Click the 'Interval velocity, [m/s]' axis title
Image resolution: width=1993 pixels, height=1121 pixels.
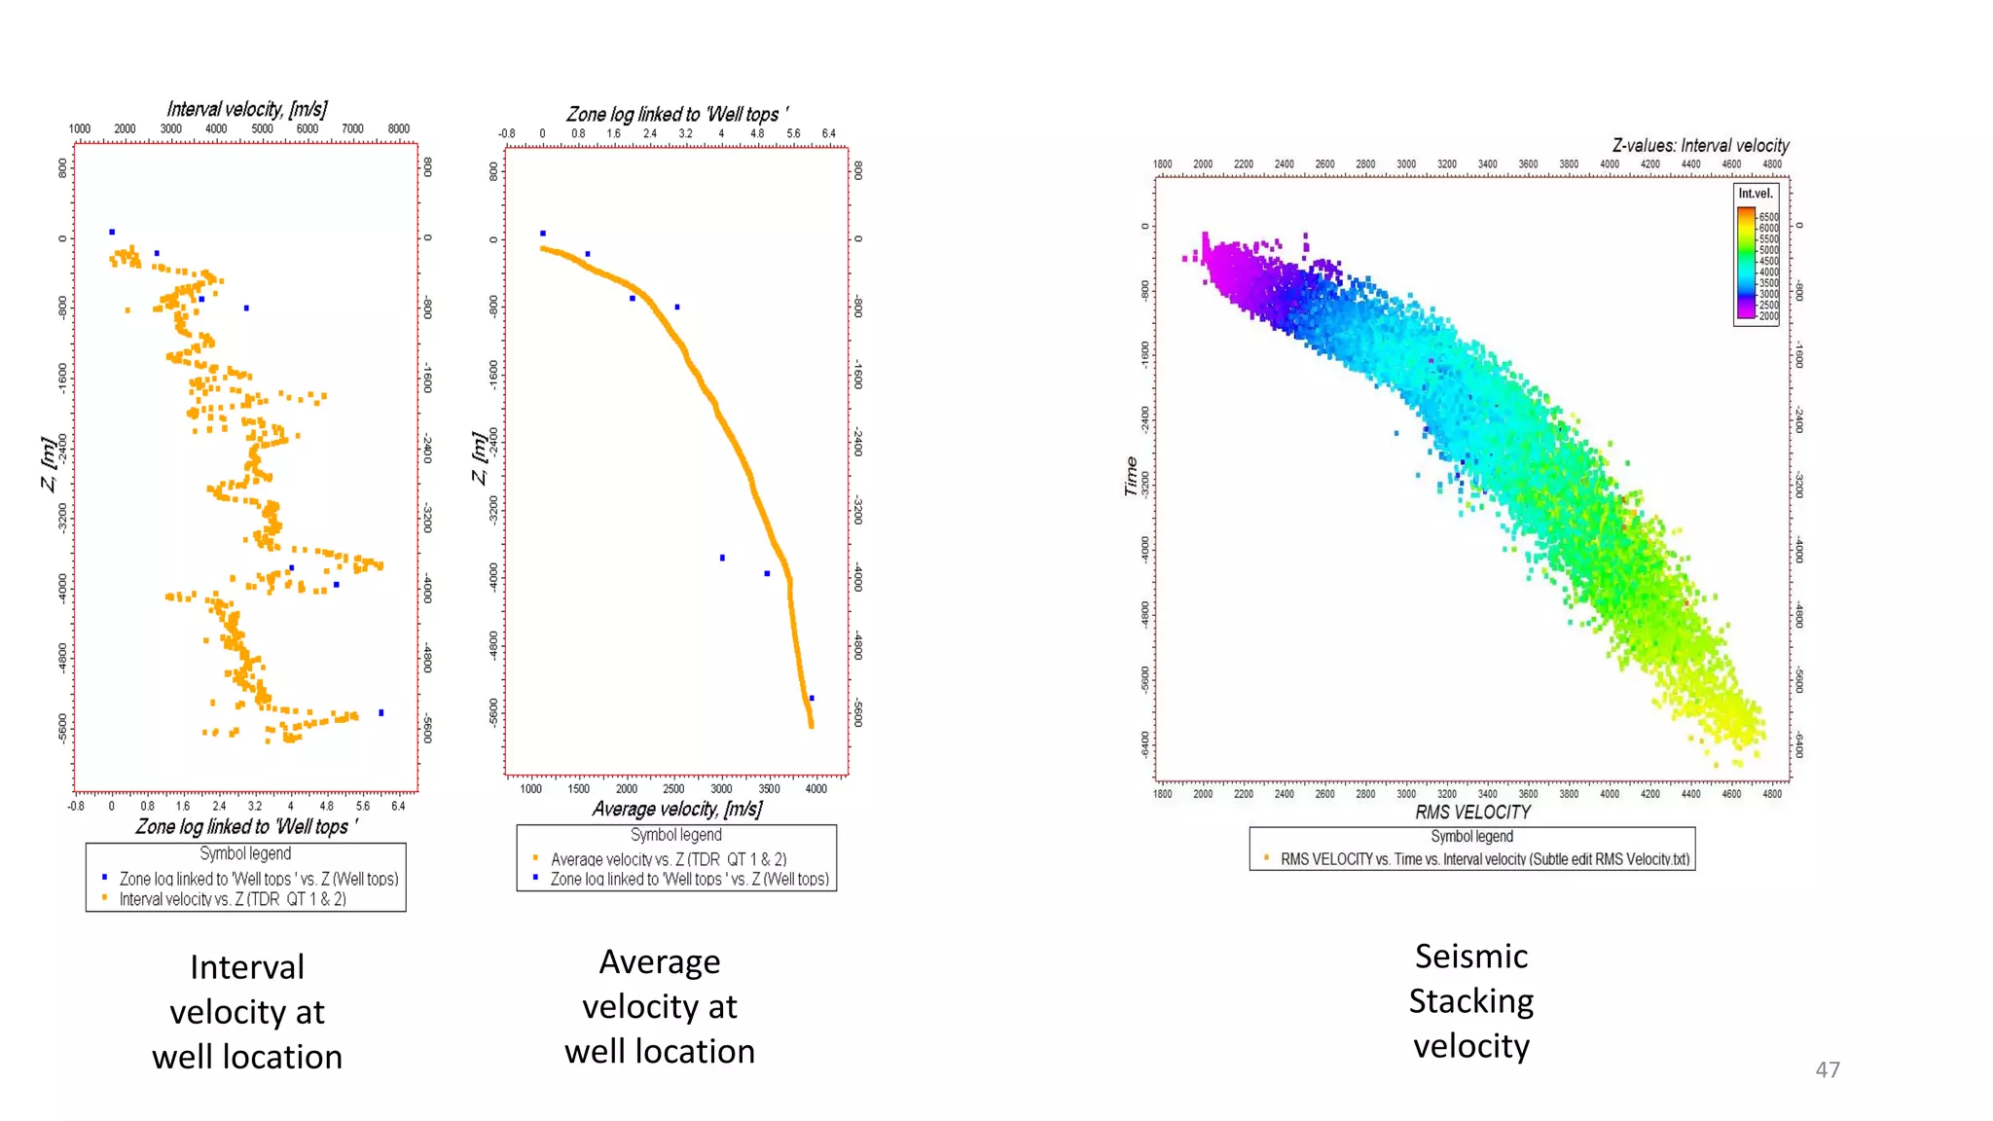coord(246,109)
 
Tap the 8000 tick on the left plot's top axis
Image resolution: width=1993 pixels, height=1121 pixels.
coord(398,128)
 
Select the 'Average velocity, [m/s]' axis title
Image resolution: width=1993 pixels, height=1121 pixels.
coord(676,809)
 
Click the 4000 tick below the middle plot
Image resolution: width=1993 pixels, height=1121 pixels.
coord(815,789)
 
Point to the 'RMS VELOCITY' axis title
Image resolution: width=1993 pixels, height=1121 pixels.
coord(1472,813)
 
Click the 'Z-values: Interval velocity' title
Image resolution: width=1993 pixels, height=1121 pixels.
coord(1700,146)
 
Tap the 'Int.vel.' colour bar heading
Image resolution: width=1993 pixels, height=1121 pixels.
coord(1756,194)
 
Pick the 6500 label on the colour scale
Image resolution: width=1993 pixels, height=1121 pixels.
coord(1768,217)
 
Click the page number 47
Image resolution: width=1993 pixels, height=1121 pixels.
coord(1827,1069)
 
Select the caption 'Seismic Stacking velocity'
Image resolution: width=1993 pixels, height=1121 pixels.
coord(1470,1000)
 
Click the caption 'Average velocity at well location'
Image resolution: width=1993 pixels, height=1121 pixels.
coord(659,1006)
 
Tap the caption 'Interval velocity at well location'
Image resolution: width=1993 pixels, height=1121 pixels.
coord(246,1012)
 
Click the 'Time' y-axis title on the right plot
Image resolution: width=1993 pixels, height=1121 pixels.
coord(1130,476)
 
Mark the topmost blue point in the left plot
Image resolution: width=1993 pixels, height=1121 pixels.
coord(112,232)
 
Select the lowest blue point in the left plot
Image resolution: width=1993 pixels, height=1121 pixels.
coord(380,712)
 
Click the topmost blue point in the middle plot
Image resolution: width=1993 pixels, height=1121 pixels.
coord(543,234)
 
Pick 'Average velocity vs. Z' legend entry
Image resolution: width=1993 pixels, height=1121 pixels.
coord(669,859)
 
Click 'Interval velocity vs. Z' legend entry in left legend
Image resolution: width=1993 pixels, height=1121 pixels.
coord(233,899)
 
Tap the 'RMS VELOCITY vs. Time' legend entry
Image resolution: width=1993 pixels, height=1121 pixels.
coord(1484,859)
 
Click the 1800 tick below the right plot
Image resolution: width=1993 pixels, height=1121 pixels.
coord(1162,794)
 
